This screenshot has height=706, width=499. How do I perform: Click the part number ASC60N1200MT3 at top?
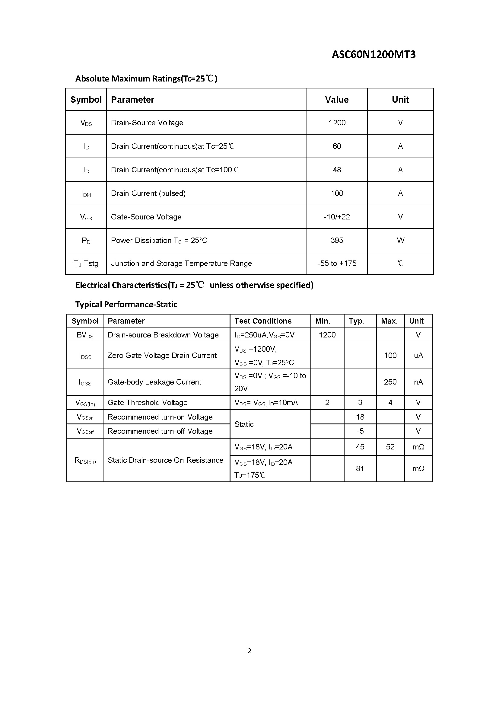pyautogui.click(x=373, y=54)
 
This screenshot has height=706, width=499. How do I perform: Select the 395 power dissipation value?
pyautogui.click(x=337, y=240)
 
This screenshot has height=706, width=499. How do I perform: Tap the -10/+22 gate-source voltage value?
pyautogui.click(x=337, y=217)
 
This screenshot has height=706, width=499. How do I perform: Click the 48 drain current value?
pyautogui.click(x=337, y=170)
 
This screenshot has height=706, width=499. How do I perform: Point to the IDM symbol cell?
pyautogui.click(x=86, y=193)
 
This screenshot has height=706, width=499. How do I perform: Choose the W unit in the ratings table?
pyautogui.click(x=400, y=240)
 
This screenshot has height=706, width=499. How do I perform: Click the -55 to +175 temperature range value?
pyautogui.click(x=337, y=263)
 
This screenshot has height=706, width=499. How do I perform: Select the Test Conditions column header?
pyautogui.click(x=263, y=321)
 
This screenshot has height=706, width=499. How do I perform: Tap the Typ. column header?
pyautogui.click(x=356, y=321)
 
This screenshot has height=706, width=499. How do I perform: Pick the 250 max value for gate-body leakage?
pyautogui.click(x=390, y=382)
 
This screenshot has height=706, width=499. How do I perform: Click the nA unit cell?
pyautogui.click(x=418, y=382)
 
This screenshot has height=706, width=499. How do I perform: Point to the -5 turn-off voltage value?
pyautogui.click(x=360, y=431)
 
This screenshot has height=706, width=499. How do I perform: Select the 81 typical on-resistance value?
pyautogui.click(x=360, y=469)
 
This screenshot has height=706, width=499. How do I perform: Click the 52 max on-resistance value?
pyautogui.click(x=390, y=447)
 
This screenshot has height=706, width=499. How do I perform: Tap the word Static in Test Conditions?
pyautogui.click(x=244, y=424)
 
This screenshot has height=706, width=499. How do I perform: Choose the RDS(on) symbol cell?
pyautogui.click(x=85, y=460)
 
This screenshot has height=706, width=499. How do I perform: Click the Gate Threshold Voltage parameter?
pyautogui.click(x=148, y=403)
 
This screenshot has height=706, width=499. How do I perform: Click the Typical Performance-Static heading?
pyautogui.click(x=126, y=305)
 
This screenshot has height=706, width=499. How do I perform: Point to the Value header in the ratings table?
pyautogui.click(x=337, y=100)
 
